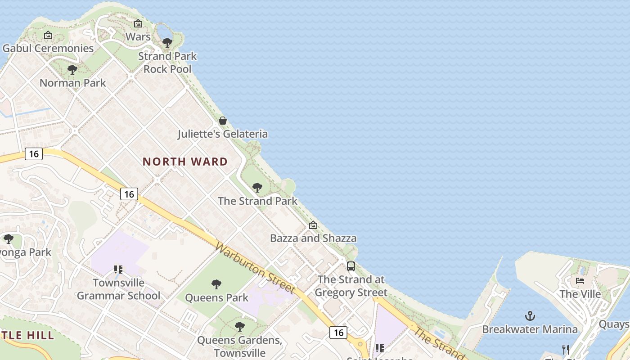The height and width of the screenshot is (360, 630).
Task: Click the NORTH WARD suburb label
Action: [x=185, y=162]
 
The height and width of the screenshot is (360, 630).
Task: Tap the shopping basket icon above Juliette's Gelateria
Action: [x=223, y=121]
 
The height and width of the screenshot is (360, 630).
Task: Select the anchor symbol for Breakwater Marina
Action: [x=530, y=316]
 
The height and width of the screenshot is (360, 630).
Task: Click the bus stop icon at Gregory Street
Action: [x=351, y=266]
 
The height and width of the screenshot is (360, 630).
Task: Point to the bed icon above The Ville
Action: [x=580, y=281]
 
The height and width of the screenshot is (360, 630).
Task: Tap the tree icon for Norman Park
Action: [x=72, y=70]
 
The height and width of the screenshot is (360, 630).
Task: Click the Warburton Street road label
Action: [x=255, y=268]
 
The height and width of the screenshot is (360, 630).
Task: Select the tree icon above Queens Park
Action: [x=216, y=284]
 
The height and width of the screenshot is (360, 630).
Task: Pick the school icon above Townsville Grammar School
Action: [x=118, y=270]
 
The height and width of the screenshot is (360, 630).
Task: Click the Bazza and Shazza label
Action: [x=313, y=238]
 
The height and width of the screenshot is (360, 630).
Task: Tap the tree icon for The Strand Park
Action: [x=257, y=188]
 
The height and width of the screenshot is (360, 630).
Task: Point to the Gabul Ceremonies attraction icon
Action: [x=48, y=35]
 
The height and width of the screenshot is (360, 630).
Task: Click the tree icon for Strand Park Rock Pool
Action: [x=167, y=43]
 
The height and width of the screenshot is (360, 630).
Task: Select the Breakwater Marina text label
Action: [x=530, y=329]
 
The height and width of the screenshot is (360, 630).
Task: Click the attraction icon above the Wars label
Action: [x=138, y=23]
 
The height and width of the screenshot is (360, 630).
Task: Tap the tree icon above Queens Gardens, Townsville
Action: [x=240, y=326]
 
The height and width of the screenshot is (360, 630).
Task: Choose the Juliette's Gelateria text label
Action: [x=222, y=134]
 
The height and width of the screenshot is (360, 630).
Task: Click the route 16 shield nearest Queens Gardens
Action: [x=338, y=333]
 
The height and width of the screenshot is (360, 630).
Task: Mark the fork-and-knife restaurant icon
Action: [x=566, y=349]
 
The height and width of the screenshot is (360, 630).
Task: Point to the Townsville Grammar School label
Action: [x=119, y=289]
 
